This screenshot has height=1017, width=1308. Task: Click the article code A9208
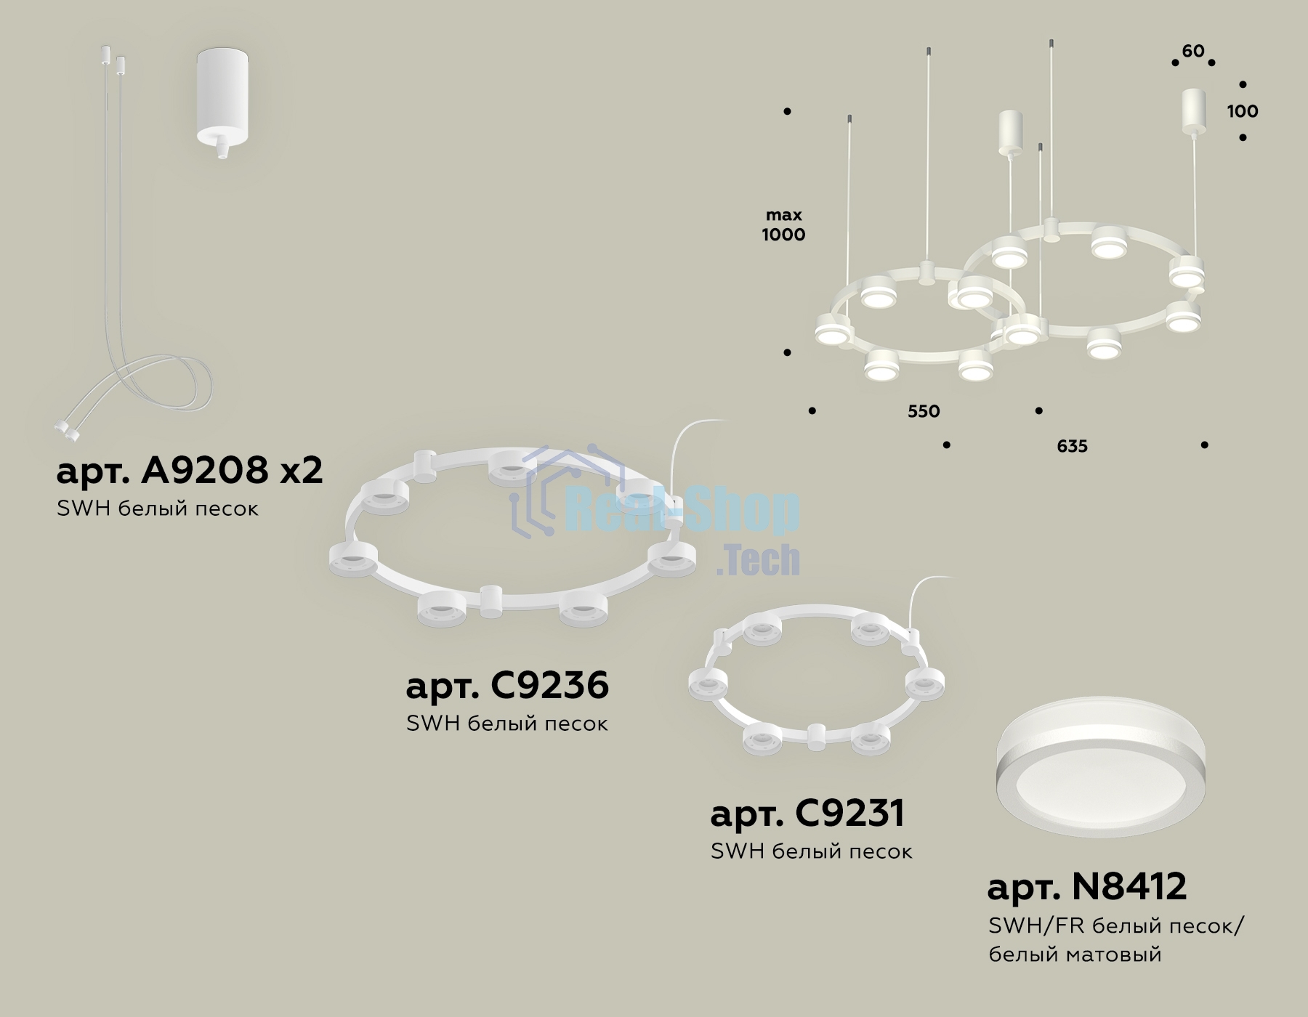pyautogui.click(x=205, y=471)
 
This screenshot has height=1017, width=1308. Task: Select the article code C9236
pyautogui.click(x=550, y=685)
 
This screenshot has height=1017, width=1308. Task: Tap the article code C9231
pyautogui.click(x=849, y=813)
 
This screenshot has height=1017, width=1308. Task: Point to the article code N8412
pyautogui.click(x=1129, y=886)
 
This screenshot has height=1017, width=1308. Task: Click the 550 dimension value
pyautogui.click(x=924, y=411)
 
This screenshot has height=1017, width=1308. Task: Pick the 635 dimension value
pyautogui.click(x=1072, y=446)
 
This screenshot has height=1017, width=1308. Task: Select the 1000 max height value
pyautogui.click(x=783, y=234)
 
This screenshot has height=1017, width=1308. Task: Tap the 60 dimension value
pyautogui.click(x=1193, y=51)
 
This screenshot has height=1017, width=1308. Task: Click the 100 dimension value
pyautogui.click(x=1243, y=111)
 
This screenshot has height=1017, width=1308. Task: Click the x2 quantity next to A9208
pyautogui.click(x=302, y=472)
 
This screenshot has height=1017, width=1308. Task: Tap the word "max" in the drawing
pyautogui.click(x=784, y=216)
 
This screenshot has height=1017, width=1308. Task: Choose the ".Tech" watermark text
pyautogui.click(x=758, y=560)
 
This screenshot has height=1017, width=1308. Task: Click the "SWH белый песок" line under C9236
pyautogui.click(x=507, y=724)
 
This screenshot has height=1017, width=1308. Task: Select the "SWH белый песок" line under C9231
pyautogui.click(x=811, y=851)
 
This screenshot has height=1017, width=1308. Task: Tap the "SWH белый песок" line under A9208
pyautogui.click(x=158, y=508)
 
